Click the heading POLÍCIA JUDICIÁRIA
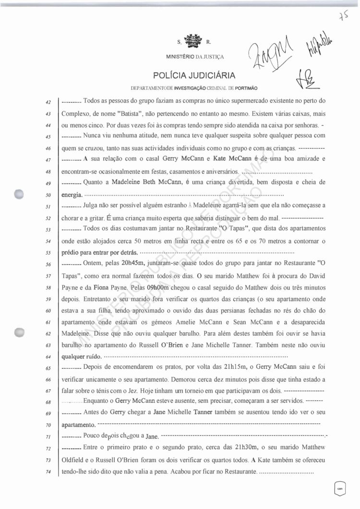tap(194, 75)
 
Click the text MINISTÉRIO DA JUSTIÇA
tap(195, 57)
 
